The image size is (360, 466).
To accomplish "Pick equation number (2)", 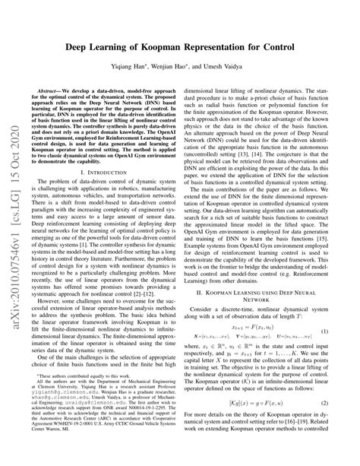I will pos(333,426).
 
